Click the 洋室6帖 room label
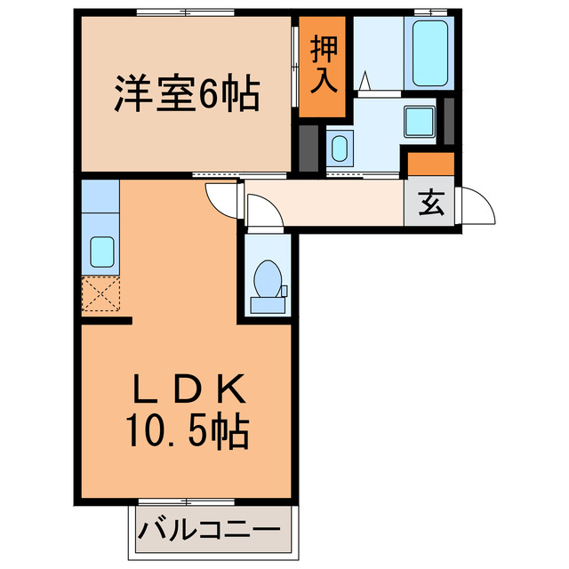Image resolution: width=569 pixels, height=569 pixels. (186, 93)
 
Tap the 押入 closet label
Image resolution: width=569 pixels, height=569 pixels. (322, 65)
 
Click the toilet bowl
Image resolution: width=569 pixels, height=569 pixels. (267, 280)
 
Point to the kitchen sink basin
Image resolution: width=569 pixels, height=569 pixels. (100, 253)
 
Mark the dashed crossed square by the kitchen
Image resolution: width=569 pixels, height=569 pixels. (100, 293)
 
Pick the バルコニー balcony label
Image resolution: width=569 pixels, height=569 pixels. (213, 533)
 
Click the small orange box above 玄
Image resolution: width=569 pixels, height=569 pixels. (430, 164)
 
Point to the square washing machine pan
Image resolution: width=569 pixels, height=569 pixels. (417, 122)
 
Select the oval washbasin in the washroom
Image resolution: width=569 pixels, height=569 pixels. (339, 148)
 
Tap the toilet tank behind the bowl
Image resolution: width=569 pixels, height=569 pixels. (268, 305)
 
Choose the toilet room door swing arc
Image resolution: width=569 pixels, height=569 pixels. (260, 211)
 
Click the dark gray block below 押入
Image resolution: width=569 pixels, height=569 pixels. (308, 148)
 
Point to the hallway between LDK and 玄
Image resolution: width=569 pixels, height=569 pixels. (338, 204)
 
